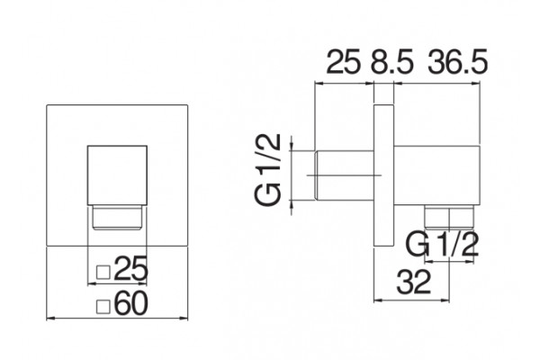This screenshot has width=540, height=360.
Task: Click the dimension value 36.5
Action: (x=458, y=62)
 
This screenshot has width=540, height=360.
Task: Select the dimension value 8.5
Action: (x=391, y=62)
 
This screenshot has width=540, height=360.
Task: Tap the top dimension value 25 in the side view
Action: (x=343, y=62)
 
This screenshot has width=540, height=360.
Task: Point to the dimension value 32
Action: (x=413, y=282)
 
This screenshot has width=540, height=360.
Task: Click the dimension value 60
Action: (x=130, y=303)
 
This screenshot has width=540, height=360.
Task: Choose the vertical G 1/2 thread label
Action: (x=268, y=170)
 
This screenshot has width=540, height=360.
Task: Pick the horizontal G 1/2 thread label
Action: (x=443, y=244)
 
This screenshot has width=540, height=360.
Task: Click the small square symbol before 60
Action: (x=103, y=307)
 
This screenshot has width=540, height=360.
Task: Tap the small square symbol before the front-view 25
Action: (x=103, y=272)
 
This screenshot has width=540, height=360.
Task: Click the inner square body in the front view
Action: (x=117, y=175)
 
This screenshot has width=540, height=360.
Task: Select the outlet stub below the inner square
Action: (x=117, y=217)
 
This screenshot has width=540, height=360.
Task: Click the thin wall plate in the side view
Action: (x=383, y=175)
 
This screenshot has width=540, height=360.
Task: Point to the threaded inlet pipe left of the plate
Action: (x=344, y=175)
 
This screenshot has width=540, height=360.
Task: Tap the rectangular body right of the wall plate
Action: (x=436, y=175)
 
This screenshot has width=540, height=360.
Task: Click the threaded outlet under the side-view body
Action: (x=449, y=217)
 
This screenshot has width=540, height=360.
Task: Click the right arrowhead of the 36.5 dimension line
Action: (x=476, y=83)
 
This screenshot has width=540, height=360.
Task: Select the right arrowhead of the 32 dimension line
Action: (x=445, y=301)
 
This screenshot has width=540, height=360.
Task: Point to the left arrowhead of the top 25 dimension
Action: (x=319, y=83)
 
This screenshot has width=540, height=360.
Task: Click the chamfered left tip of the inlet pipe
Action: (x=316, y=175)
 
